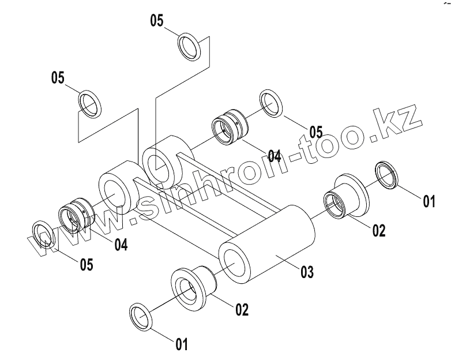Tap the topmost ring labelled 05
[189, 45]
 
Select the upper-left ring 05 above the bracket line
[89, 102]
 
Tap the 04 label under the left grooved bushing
[120, 245]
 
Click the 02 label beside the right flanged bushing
[378, 230]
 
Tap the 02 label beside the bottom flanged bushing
[242, 309]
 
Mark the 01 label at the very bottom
[182, 344]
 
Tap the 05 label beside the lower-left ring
[86, 264]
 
